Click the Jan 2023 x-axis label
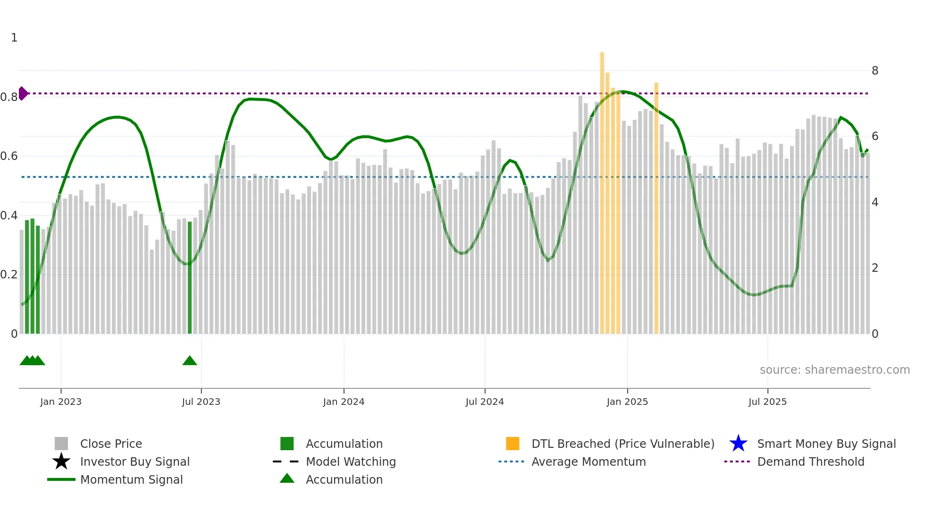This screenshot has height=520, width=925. point(60,402)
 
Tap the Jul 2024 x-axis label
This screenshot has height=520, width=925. point(484,402)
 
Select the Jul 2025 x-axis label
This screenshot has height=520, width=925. point(767,402)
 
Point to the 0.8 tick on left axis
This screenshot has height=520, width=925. point(9,97)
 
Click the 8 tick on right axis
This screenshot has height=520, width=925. point(875,71)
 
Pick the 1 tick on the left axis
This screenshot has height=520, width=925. point(14,38)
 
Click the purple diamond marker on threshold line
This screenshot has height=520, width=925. point(23,93)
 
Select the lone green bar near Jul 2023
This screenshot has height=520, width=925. point(190,278)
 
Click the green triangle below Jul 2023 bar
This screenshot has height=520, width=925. point(190,361)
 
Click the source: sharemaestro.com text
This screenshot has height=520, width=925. point(834,369)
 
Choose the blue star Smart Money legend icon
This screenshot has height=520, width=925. point(738,444)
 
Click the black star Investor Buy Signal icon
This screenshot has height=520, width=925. point(61,461)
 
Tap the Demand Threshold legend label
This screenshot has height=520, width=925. point(810,461)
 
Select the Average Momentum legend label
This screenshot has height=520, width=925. point(589,461)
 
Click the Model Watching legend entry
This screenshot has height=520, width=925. point(350,461)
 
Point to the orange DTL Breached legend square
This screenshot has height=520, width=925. point(513,444)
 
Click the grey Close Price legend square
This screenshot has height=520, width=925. point(61,444)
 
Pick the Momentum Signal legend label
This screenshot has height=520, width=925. point(131,479)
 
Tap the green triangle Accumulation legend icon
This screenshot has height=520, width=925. point(287,478)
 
